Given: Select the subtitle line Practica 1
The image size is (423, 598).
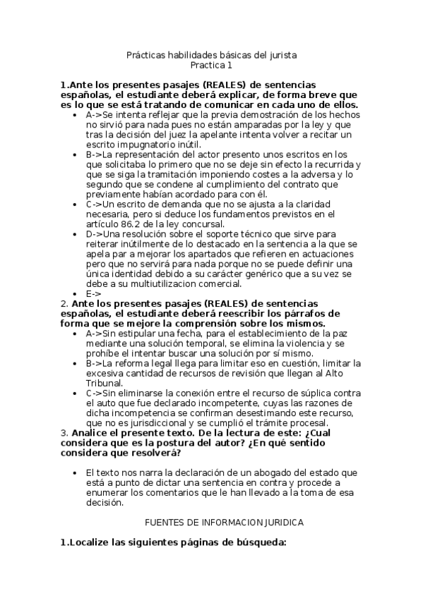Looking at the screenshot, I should point(211,66).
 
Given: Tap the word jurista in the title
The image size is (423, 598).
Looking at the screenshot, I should point(281,54).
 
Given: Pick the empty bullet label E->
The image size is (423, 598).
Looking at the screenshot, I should point(93,294).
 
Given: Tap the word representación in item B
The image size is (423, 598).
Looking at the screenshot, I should point(150,154).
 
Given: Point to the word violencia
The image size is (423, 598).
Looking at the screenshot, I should point(282,343).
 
